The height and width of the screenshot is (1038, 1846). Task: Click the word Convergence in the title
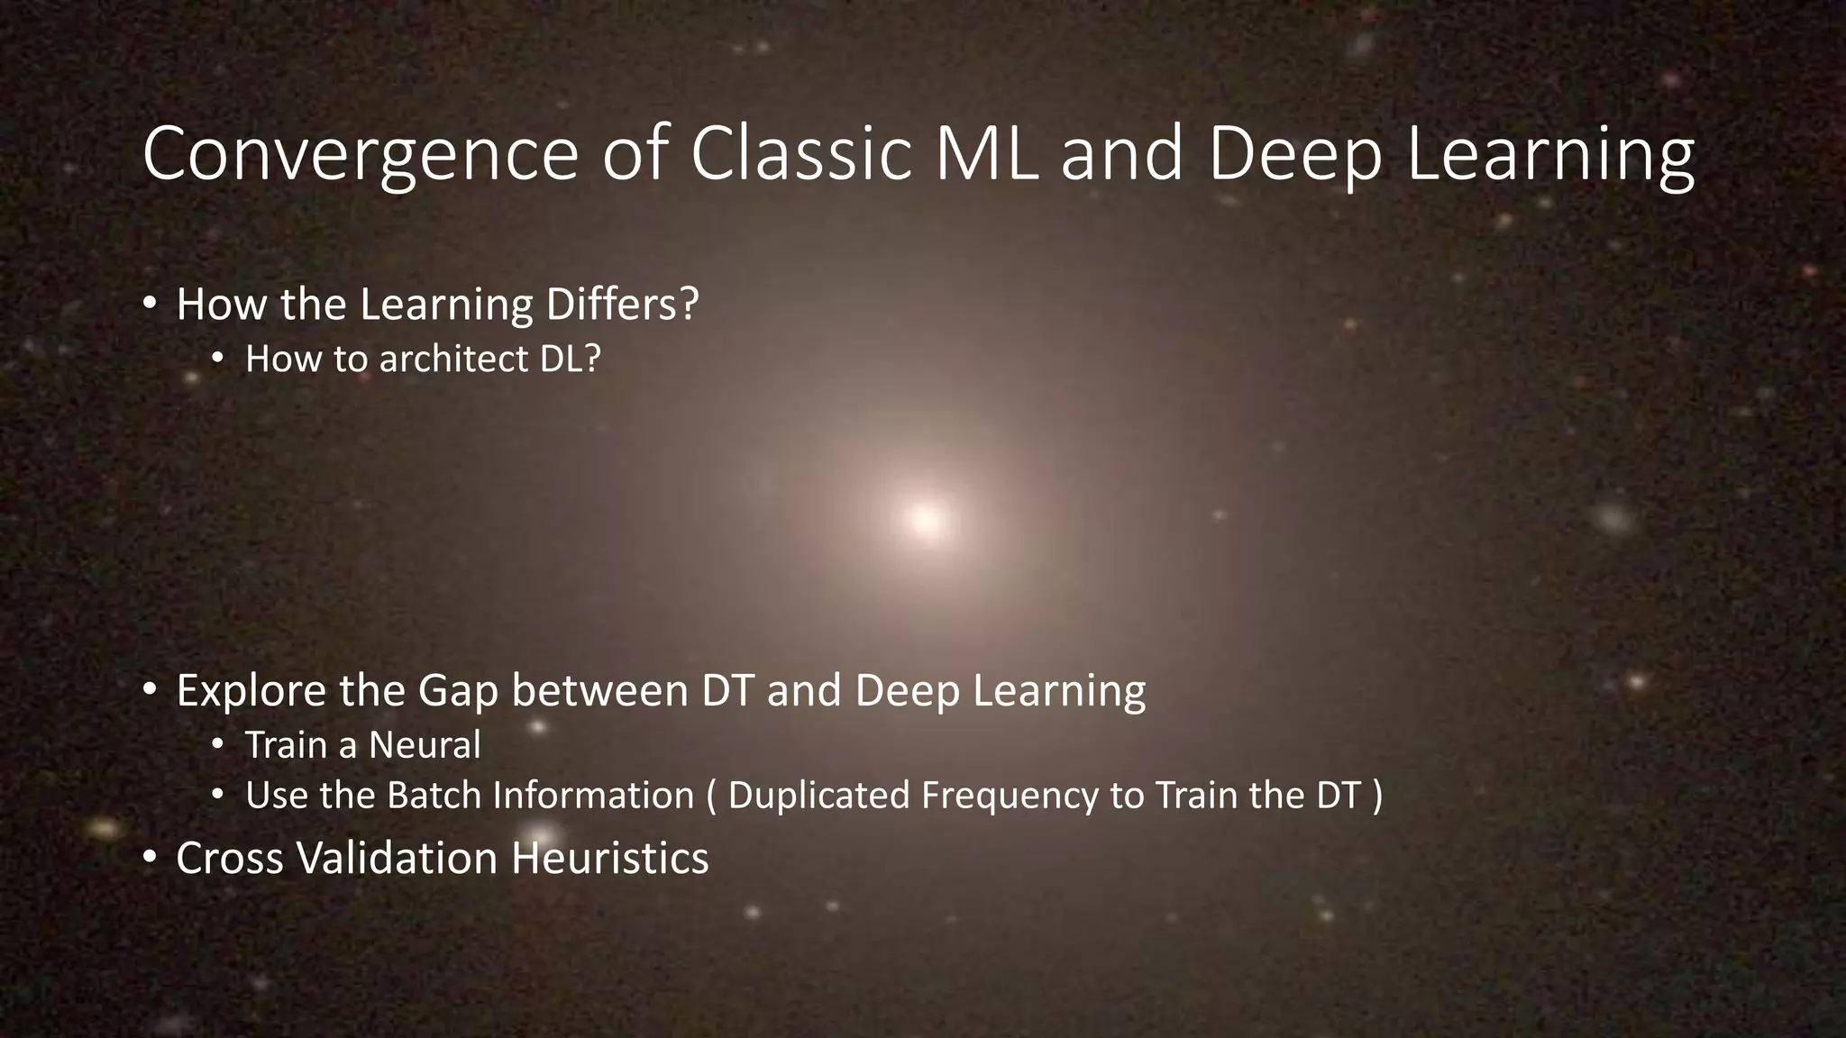coord(360,156)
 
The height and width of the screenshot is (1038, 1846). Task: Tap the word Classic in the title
coord(800,156)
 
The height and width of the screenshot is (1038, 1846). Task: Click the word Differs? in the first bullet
coord(622,305)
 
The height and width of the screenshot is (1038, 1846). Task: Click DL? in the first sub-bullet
coord(571,360)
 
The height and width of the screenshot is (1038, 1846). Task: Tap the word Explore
coord(251,691)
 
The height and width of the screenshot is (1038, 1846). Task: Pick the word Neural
coord(425,745)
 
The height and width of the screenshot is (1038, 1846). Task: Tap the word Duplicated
coord(818,796)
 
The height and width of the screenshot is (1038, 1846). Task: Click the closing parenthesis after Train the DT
coord(1376,797)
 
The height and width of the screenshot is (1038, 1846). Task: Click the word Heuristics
coord(609,858)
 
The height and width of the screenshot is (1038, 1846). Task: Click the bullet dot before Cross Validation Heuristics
coord(150,857)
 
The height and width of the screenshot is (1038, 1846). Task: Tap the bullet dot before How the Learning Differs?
coord(150,304)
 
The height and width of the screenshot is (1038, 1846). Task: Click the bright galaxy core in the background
coord(925,519)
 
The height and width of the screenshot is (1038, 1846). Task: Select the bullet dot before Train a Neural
coord(217,745)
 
